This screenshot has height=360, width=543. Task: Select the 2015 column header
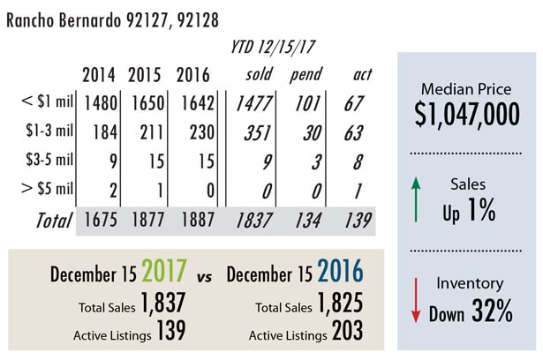pyautogui.click(x=145, y=75)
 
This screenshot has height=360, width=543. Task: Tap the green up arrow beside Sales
pyautogui.click(x=416, y=198)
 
